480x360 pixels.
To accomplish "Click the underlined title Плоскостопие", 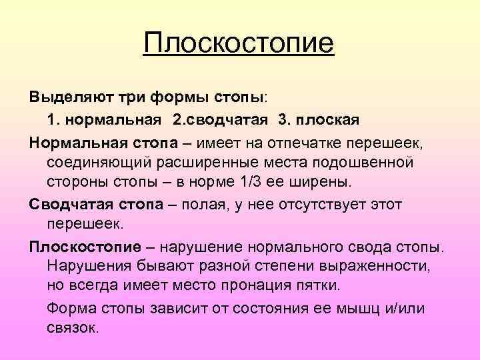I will tap(238, 45).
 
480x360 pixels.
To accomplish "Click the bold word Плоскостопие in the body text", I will tap(85, 246).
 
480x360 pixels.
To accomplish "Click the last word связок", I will tap(72, 328).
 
